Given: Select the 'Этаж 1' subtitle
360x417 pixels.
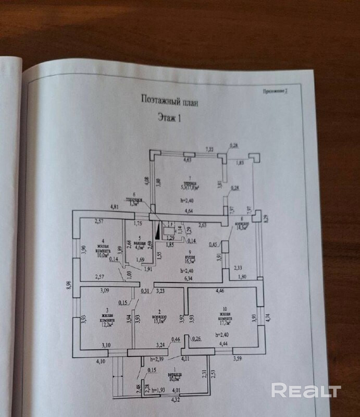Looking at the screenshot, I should click(169, 118).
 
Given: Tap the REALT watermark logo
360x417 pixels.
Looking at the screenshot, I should click(306, 390).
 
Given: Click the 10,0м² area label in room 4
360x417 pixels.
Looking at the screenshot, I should click(102, 255).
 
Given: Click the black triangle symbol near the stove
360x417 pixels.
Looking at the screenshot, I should click(156, 228).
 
